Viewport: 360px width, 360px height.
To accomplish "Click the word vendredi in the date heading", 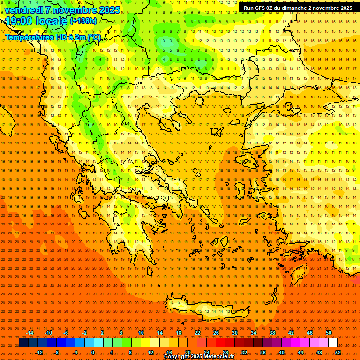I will [x=23, y=10].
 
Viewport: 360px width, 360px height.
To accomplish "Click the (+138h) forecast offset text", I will [x=83, y=21].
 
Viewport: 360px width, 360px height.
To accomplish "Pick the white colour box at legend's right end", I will [x=333, y=343].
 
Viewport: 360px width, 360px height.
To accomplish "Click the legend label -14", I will [x=30, y=333].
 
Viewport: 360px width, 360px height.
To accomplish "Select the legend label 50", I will [x=329, y=333].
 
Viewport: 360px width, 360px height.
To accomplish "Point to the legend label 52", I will [x=338, y=352].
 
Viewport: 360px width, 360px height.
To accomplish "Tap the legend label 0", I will [x=93, y=352].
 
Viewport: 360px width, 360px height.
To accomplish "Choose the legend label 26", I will [x=216, y=333].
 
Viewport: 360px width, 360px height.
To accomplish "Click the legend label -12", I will [x=39, y=352].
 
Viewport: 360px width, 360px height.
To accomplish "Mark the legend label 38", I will [x=272, y=333].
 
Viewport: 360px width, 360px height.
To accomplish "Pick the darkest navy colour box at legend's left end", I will [x=23, y=343].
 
